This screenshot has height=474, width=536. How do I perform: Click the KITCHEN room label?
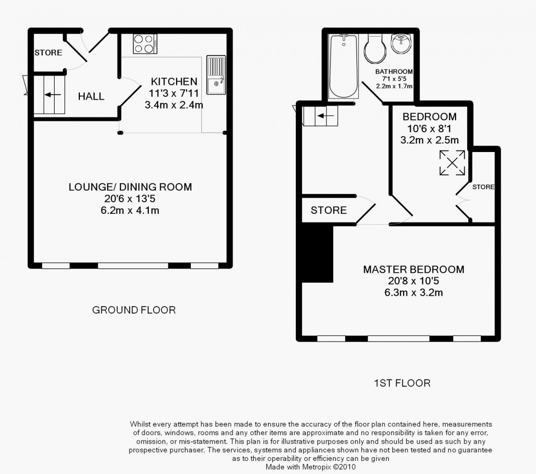(174, 82)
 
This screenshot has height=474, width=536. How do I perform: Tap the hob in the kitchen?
(145, 44)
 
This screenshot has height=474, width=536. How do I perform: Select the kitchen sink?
(215, 74)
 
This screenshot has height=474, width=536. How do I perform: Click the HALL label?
(91, 97)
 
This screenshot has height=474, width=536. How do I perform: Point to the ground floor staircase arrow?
(53, 95)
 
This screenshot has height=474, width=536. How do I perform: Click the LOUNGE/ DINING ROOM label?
(130, 187)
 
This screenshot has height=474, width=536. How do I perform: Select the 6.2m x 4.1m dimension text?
(130, 210)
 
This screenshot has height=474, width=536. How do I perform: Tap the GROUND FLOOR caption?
(134, 310)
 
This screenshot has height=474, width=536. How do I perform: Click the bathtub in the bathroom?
(343, 66)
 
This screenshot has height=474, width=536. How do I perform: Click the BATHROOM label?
(394, 72)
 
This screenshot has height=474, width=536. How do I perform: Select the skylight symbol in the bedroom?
(452, 163)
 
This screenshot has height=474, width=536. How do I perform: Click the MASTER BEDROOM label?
(413, 270)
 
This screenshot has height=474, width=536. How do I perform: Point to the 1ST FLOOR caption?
(402, 383)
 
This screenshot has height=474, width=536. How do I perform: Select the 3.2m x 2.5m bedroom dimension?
(429, 140)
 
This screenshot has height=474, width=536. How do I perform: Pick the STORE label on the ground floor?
(48, 53)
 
